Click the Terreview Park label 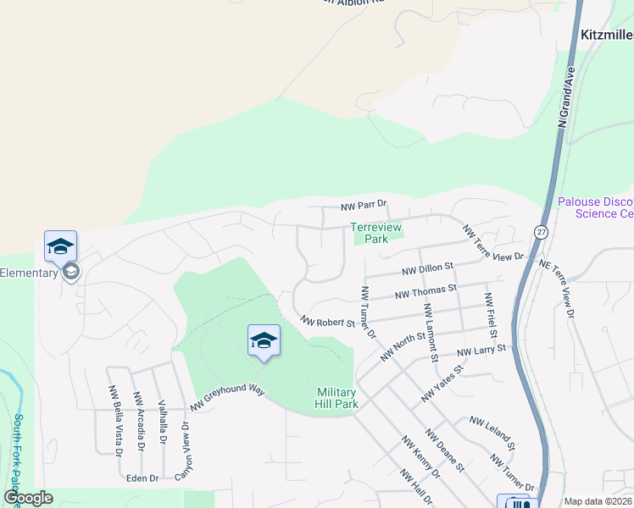point(370,233)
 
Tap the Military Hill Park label point(337,398)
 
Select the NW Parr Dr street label point(364,205)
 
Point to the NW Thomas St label point(426,292)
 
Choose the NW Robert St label point(327,322)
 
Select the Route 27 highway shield point(541,232)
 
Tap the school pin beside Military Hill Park point(264,341)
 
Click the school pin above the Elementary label point(61,246)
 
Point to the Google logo point(28,498)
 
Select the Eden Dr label point(142,478)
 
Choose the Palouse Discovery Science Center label point(596,207)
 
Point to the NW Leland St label point(492,431)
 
